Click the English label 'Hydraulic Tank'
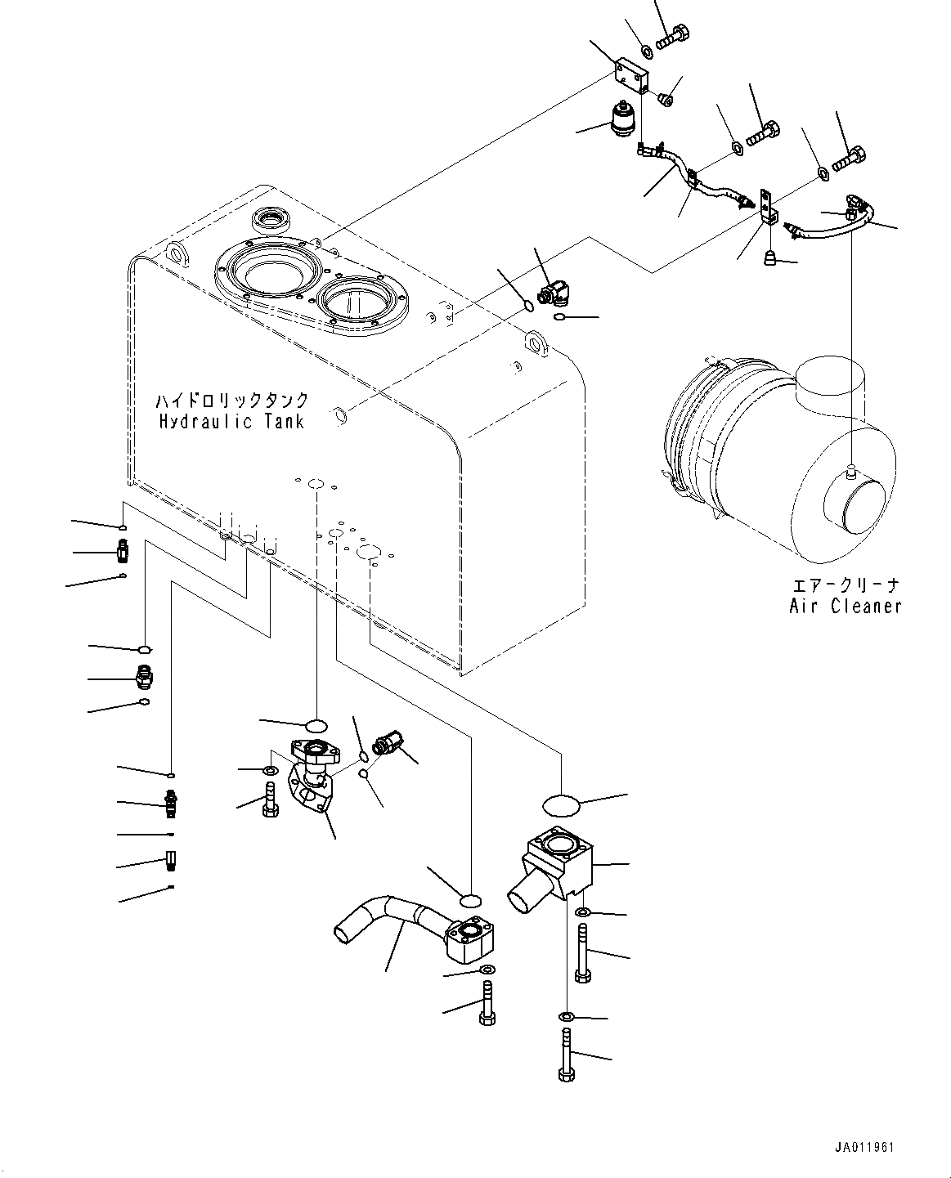click(x=231, y=422)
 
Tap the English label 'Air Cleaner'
click(x=846, y=606)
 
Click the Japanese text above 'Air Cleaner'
click(x=846, y=585)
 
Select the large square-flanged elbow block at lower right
click(x=554, y=868)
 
